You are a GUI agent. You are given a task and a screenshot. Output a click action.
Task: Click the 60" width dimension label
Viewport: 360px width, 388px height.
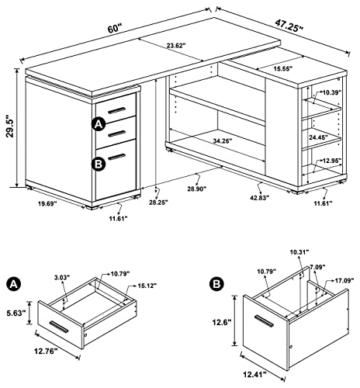115,28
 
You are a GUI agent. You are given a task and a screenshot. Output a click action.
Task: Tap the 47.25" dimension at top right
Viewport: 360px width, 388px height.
289,25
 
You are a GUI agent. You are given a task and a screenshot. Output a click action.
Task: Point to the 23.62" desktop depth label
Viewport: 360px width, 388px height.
176,46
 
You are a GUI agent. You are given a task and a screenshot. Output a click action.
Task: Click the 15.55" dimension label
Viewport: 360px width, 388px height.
282,68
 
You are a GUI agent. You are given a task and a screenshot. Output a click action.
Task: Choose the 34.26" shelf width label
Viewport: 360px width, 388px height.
223,140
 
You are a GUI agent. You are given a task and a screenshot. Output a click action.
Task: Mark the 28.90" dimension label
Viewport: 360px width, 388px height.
197,189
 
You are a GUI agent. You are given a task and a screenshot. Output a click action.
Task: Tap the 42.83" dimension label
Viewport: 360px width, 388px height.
260,197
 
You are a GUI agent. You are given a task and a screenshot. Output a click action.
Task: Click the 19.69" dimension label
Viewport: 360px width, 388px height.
47,203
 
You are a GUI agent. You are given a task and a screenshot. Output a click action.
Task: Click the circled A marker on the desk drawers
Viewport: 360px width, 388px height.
99,125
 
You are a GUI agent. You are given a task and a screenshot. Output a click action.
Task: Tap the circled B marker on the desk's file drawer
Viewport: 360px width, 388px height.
99,164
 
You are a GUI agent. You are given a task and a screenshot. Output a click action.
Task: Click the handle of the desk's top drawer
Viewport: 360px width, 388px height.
116,110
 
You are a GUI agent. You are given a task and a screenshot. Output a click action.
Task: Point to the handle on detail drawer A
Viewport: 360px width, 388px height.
59,327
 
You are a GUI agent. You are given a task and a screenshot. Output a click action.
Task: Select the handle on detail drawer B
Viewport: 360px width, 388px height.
264,320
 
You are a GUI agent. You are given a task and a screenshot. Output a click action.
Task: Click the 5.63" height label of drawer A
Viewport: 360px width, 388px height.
16,313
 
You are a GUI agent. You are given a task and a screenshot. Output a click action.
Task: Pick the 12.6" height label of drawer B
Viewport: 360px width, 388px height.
221,322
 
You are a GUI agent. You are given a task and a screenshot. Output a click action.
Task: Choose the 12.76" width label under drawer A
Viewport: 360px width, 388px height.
46,352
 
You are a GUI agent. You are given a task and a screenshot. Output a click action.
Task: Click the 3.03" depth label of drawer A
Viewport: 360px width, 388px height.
62,278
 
